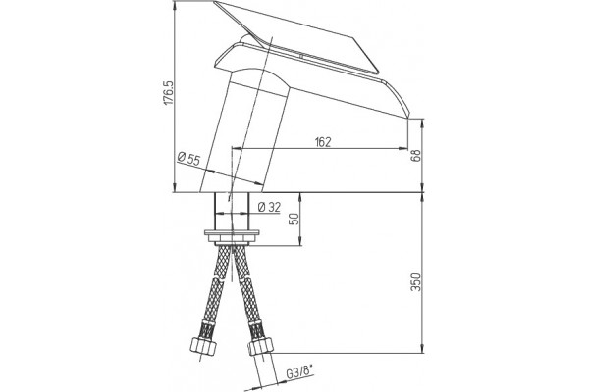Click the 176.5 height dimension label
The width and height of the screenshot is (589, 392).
pyautogui.click(x=169, y=93)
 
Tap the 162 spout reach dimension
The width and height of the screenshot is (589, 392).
pyautogui.click(x=323, y=142)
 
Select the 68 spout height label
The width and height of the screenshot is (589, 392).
pyautogui.click(x=416, y=155)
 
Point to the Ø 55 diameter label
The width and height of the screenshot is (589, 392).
pyautogui.click(x=188, y=159)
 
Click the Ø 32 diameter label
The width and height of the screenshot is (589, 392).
pyautogui.click(x=270, y=207)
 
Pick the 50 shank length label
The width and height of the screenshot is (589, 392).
pyautogui.click(x=295, y=219)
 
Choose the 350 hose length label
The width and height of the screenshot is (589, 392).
pyautogui.click(x=416, y=282)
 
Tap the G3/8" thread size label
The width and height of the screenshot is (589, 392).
pyautogui.click(x=300, y=373)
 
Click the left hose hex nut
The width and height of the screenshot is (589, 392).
pyautogui.click(x=203, y=347)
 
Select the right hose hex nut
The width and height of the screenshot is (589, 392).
pyautogui.click(x=261, y=346)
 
